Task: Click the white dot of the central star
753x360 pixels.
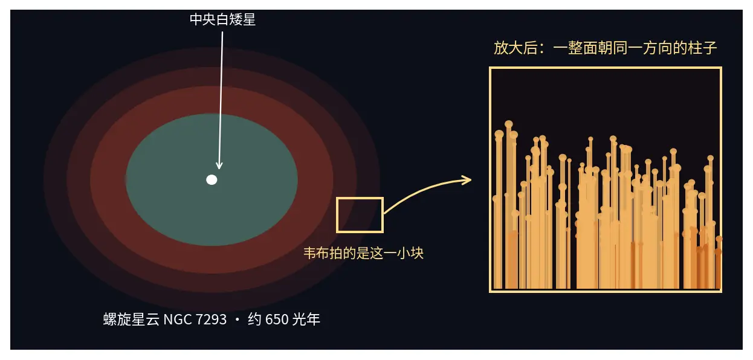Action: pos(212,180)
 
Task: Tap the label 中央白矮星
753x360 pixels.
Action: pos(222,19)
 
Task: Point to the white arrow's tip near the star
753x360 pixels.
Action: pos(219,169)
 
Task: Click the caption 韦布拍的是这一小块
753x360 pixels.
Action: pos(363,253)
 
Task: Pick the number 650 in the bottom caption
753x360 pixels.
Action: pos(277,320)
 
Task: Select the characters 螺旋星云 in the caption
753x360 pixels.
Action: pos(131,320)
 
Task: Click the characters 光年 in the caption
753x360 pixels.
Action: pos(306,320)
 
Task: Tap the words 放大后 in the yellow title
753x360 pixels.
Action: pos(515,48)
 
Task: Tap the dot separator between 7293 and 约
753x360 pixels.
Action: pos(238,320)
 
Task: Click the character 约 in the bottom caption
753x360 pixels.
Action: pos(254,320)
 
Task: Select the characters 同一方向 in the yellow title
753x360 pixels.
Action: pos(642,48)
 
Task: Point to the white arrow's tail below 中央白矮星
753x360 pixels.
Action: pos(222,32)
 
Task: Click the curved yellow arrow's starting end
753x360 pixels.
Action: pos(384,213)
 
